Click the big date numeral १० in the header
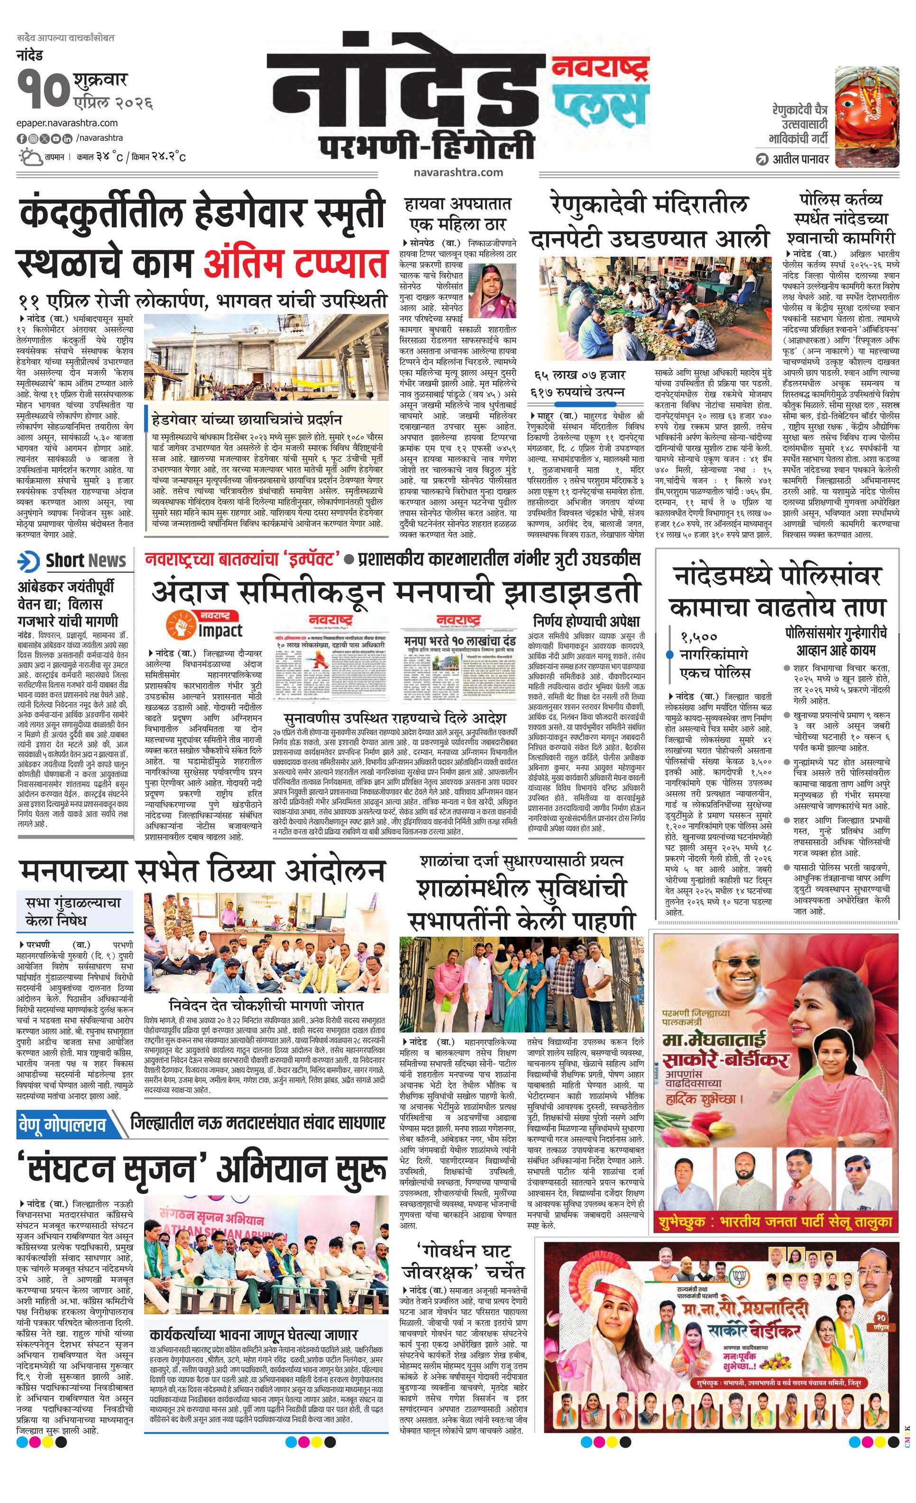coord(42,91)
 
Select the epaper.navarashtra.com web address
coord(67,123)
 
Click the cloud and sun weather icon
coord(30,157)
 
